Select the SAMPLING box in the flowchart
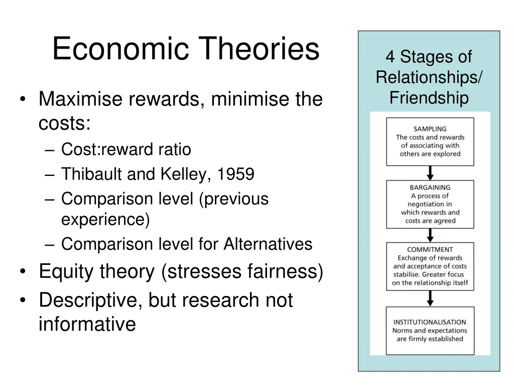pos(430,142)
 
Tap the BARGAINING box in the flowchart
pos(430,204)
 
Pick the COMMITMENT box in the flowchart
pos(430,266)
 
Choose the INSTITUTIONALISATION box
pos(430,330)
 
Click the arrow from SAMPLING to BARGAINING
pos(430,173)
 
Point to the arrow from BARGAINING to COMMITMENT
pos(430,235)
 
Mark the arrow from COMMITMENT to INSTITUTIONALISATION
pos(430,298)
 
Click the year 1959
pos(236,174)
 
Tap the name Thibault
pos(92,174)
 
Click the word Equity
pos(67,272)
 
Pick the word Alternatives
pos(268,244)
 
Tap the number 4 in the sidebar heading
pos(390,57)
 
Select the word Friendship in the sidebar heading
pos(429,98)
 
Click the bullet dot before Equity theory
pos(23,272)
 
